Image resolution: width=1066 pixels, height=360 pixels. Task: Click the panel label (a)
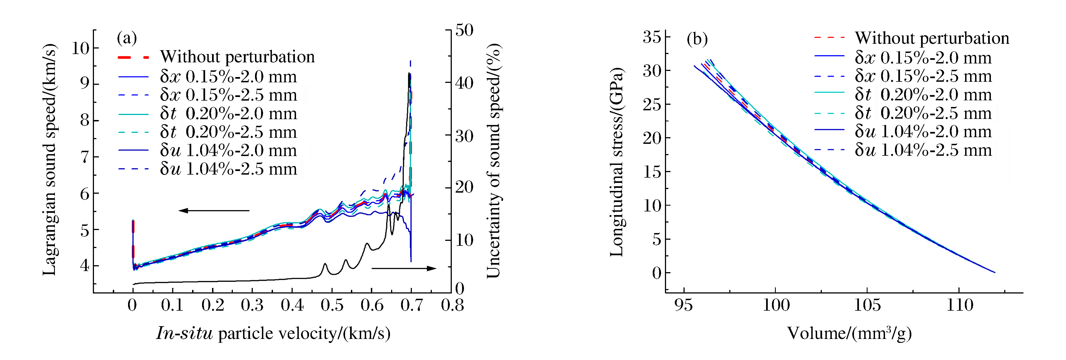[x=127, y=39]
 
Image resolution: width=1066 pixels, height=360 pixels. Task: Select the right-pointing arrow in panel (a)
[x=404, y=268]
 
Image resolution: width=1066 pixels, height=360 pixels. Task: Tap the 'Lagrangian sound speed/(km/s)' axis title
[x=50, y=159]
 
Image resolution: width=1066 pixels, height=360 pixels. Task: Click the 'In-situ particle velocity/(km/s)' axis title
[x=273, y=333]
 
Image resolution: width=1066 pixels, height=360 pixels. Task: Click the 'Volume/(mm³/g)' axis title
[x=849, y=333]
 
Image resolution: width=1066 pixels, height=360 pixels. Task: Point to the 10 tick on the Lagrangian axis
[x=80, y=48]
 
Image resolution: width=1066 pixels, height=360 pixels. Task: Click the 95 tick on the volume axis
[x=683, y=305]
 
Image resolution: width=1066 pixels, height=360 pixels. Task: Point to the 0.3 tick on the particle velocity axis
[x=252, y=305]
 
